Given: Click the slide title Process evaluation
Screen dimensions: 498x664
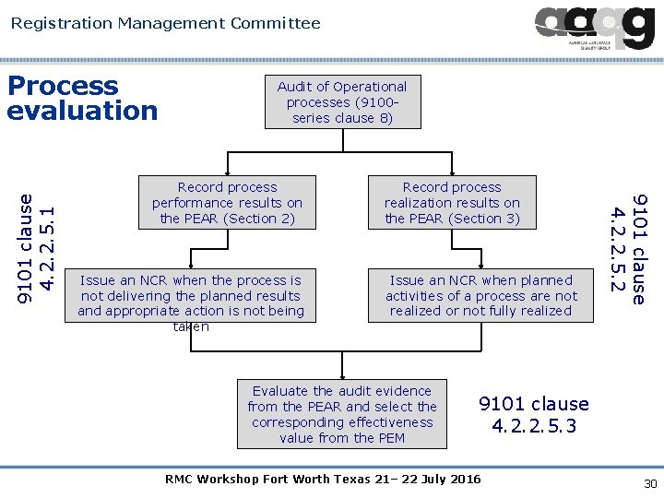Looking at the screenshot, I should (x=82, y=99).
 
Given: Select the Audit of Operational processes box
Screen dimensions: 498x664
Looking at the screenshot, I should (x=341, y=101).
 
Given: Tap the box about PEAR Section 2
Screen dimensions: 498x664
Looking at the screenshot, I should (x=227, y=203).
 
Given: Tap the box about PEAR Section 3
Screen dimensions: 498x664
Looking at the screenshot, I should (x=452, y=203).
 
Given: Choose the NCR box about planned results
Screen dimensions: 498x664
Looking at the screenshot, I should (x=191, y=296).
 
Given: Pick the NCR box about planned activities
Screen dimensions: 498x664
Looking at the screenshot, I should (x=480, y=296).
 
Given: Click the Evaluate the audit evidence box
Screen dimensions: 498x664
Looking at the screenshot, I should (x=341, y=414).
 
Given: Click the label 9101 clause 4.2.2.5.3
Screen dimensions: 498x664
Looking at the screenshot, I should (x=534, y=415).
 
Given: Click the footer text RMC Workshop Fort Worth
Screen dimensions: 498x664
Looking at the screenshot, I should (x=322, y=480).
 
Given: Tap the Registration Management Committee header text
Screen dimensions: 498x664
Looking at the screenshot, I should (x=166, y=23).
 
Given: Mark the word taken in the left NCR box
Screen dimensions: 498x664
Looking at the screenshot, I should (x=191, y=326).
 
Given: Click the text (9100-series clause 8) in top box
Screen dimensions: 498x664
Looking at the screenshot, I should (x=343, y=110).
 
